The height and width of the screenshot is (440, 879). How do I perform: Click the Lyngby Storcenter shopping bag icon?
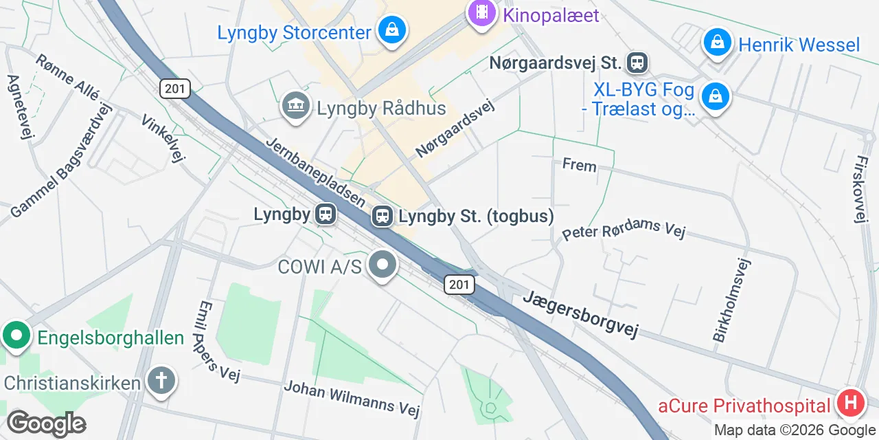tap(391, 31)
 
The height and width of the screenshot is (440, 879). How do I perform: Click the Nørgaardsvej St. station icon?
tap(638, 63)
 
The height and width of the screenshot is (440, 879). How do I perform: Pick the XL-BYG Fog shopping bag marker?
tap(714, 97)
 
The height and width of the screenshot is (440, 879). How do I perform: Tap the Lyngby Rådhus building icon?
tap(296, 107)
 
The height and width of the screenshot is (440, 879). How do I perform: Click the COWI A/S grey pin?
tap(383, 265)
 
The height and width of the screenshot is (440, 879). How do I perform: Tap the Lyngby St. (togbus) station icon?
tap(382, 217)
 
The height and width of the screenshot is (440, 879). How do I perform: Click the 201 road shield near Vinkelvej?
tap(174, 87)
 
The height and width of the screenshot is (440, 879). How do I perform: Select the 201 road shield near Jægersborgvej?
tap(459, 285)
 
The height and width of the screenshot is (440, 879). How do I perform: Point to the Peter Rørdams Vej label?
tap(624, 229)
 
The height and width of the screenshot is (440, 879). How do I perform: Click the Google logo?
tap(46, 423)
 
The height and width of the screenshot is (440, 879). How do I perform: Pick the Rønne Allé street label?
tap(68, 77)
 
